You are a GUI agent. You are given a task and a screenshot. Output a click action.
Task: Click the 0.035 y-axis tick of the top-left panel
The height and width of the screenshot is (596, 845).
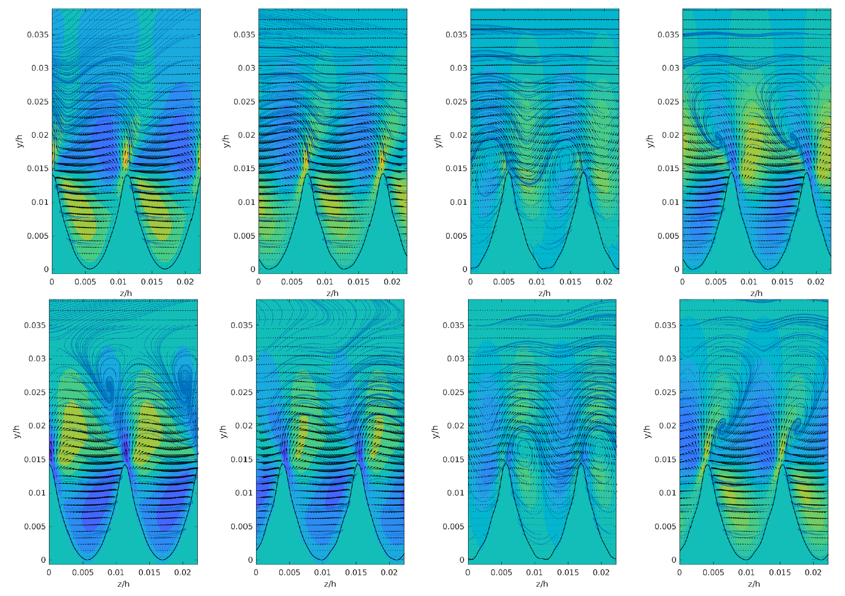tap(38, 35)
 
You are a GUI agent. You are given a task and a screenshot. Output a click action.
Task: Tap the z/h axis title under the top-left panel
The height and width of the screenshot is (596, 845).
tap(126, 293)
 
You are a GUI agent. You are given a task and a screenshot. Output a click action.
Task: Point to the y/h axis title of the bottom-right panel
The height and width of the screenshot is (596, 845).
tap(647, 431)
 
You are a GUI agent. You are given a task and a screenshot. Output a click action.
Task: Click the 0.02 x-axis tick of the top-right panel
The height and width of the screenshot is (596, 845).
tap(816, 282)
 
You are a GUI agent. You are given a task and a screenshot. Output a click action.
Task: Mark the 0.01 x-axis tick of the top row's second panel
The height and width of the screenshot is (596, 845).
tap(325, 282)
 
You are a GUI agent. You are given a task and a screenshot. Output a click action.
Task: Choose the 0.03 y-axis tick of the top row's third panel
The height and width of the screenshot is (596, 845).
tap(458, 68)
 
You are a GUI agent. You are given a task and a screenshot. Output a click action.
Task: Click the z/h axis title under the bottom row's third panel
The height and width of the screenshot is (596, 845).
tap(542, 584)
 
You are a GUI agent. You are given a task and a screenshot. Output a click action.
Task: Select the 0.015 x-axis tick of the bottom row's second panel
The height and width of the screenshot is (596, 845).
tap(356, 572)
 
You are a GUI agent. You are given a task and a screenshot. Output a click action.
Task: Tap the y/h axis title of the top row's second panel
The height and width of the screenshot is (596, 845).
tap(226, 141)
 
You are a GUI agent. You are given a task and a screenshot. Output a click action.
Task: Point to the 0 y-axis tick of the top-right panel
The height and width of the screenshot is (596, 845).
tap(677, 269)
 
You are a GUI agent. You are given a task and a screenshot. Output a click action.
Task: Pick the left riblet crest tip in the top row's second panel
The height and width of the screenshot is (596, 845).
tap(307, 174)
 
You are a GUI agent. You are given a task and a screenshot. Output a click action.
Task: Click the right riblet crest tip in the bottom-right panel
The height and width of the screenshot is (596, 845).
tap(782, 464)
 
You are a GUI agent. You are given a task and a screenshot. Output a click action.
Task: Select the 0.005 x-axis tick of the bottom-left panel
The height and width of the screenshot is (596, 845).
tap(82, 572)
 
